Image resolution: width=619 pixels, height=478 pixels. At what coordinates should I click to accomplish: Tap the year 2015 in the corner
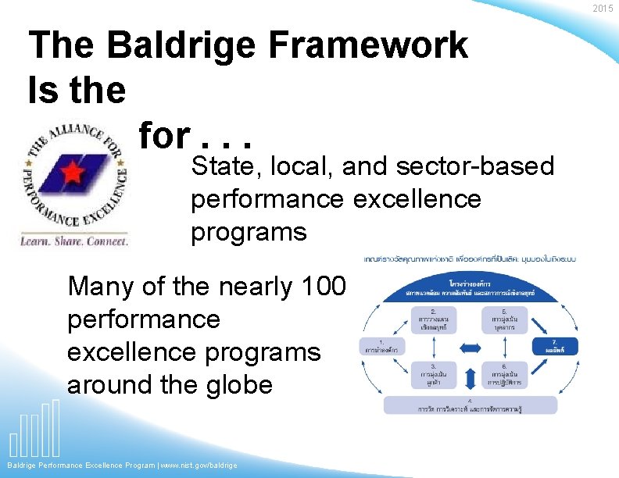[603, 9]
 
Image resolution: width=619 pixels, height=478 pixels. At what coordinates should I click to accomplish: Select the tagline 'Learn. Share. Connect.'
[74, 241]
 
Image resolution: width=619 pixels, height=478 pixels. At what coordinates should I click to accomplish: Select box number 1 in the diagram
[381, 346]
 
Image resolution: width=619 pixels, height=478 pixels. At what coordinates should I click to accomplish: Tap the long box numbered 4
[470, 405]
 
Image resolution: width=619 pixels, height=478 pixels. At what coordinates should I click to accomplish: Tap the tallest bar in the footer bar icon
[55, 427]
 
